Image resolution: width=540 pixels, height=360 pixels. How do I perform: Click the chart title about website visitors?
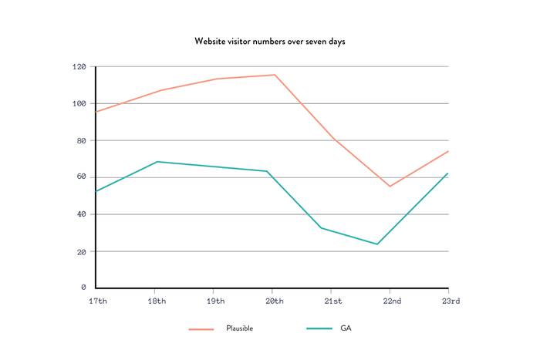point(270,41)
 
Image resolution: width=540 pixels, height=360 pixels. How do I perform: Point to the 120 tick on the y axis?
point(79,67)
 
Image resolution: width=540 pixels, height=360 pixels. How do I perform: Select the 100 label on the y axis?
point(79,104)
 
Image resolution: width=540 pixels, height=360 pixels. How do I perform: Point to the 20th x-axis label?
point(274,301)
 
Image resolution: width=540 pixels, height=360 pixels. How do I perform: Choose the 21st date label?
point(333,301)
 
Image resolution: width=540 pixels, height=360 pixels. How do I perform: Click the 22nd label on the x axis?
point(392,301)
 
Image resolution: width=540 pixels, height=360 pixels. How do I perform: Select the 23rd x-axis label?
point(450,301)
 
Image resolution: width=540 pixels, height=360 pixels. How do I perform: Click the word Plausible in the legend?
point(239,328)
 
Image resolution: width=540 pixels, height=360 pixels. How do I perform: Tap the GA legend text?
point(346,328)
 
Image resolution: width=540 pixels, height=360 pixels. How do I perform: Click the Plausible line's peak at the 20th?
point(274,75)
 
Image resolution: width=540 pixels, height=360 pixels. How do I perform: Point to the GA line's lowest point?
point(377,244)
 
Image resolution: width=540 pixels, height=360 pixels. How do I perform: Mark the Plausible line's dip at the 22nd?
point(390,186)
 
